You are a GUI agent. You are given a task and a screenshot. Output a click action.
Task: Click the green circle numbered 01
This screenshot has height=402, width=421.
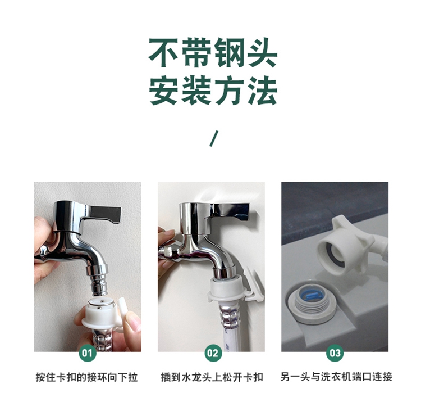pos(87,353)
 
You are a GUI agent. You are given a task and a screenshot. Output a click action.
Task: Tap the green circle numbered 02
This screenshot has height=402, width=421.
pos(213,353)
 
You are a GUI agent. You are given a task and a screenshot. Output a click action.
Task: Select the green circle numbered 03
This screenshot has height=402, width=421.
pos(335,353)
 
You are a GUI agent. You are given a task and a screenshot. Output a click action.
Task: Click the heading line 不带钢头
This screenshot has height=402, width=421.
pos(213,52)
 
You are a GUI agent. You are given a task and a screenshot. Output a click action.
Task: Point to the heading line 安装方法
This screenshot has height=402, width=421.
pos(213,91)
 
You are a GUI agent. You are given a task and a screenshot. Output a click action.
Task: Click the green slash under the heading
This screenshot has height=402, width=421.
pos(214,138)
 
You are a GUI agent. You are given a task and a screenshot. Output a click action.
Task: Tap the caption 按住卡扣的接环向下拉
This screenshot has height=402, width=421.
pos(86,377)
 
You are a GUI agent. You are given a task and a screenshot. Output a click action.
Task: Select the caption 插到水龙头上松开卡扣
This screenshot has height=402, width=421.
pos(212,377)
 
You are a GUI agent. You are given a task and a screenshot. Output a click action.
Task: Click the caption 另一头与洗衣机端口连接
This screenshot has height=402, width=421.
pos(336,377)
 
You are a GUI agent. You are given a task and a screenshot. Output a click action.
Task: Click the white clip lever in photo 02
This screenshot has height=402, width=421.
pos(253,284)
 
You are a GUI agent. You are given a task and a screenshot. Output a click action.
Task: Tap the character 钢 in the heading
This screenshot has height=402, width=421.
pos(229,52)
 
